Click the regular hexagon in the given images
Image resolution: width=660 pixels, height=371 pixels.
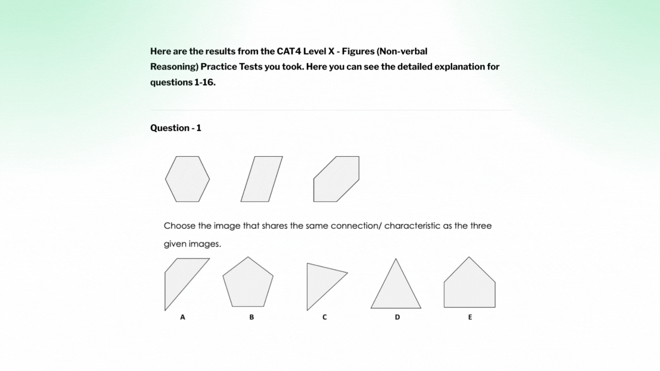point(187,179)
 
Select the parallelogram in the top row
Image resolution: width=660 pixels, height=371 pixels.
point(261,179)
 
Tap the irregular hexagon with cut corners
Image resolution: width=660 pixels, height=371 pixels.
point(336,179)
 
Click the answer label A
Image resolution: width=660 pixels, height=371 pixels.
point(183,317)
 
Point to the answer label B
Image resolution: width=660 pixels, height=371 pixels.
point(252,317)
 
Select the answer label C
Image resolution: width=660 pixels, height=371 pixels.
point(324,317)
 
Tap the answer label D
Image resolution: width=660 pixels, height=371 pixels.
point(398,317)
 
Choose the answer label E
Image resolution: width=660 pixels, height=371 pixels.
point(470,317)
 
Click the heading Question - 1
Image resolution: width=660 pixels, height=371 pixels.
point(176,128)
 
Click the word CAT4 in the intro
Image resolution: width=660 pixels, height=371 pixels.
point(288,51)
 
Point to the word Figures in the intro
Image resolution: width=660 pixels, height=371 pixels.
point(358,52)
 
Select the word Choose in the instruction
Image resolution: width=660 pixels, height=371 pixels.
point(180,226)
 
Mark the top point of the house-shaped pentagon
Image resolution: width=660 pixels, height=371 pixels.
point(469,257)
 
